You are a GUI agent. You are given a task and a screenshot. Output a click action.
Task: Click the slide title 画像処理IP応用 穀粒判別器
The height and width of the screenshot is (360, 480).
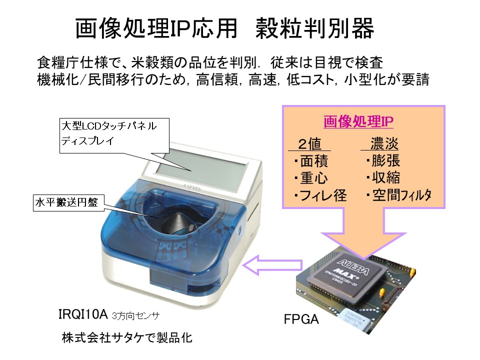tap(224, 29)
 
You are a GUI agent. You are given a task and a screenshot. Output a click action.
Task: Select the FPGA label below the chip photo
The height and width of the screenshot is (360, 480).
tap(301, 319)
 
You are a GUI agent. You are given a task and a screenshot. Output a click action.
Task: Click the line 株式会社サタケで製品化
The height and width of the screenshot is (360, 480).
tap(127, 337)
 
